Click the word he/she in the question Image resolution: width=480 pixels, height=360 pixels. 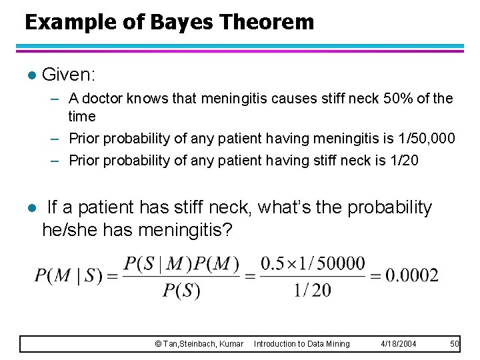(67, 231)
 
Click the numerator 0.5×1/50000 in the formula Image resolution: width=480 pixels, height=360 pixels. (313, 264)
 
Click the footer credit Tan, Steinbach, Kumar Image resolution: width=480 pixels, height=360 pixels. (199, 343)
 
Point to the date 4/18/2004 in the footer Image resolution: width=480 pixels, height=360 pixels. (398, 343)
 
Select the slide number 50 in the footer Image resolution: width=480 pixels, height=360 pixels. (455, 343)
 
